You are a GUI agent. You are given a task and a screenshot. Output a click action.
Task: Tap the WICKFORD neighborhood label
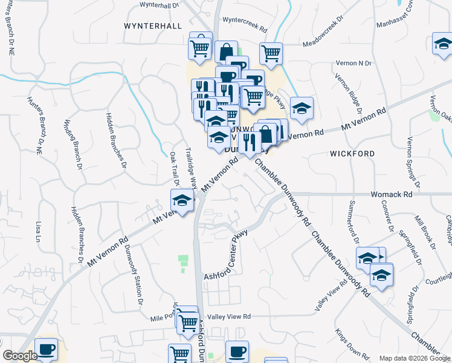(x=352, y=154)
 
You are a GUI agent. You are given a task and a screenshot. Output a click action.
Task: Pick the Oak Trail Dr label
(x=174, y=169)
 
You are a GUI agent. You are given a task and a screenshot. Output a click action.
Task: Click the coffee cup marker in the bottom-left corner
(x=46, y=348)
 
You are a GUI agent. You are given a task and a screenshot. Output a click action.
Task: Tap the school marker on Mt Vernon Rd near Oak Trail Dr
(x=181, y=199)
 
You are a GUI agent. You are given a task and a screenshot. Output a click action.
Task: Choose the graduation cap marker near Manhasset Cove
(x=442, y=44)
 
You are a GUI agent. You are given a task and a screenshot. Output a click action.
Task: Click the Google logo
(x=20, y=356)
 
